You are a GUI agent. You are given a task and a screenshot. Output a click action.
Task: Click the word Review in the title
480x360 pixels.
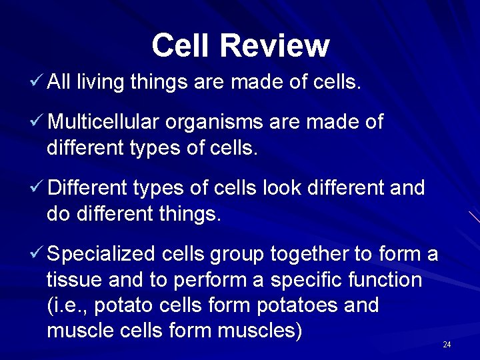coord(275,46)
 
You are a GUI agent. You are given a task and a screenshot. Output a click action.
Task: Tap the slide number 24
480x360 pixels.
coord(447,345)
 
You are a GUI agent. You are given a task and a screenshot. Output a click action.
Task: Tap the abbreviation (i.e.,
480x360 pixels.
coord(69,306)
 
